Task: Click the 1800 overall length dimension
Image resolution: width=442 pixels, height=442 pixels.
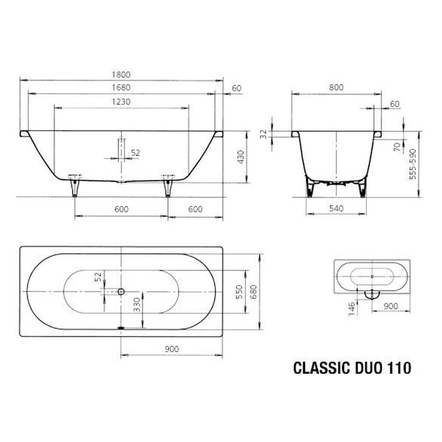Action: pyautogui.click(x=121, y=74)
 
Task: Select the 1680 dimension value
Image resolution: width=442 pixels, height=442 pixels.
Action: pyautogui.click(x=121, y=87)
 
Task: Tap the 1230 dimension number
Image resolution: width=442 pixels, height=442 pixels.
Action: pyautogui.click(x=121, y=102)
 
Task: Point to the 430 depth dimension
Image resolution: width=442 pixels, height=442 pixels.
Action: pyautogui.click(x=241, y=157)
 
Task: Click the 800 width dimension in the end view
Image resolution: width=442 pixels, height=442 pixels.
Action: pyautogui.click(x=336, y=87)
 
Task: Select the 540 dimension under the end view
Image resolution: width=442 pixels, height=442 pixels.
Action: pyautogui.click(x=336, y=208)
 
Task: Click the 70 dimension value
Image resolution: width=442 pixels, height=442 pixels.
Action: pyautogui.click(x=397, y=146)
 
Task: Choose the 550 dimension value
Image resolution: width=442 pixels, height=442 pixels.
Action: pyautogui.click(x=241, y=292)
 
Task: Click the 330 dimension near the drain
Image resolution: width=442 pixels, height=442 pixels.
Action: pyautogui.click(x=137, y=305)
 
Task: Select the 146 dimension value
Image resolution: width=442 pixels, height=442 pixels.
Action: pyautogui.click(x=352, y=308)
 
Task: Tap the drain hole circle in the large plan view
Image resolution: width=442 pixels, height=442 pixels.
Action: pyautogui.click(x=121, y=292)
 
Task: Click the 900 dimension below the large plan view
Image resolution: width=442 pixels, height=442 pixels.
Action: pyautogui.click(x=172, y=349)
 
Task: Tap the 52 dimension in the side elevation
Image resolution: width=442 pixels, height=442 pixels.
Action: pyautogui.click(x=136, y=153)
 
